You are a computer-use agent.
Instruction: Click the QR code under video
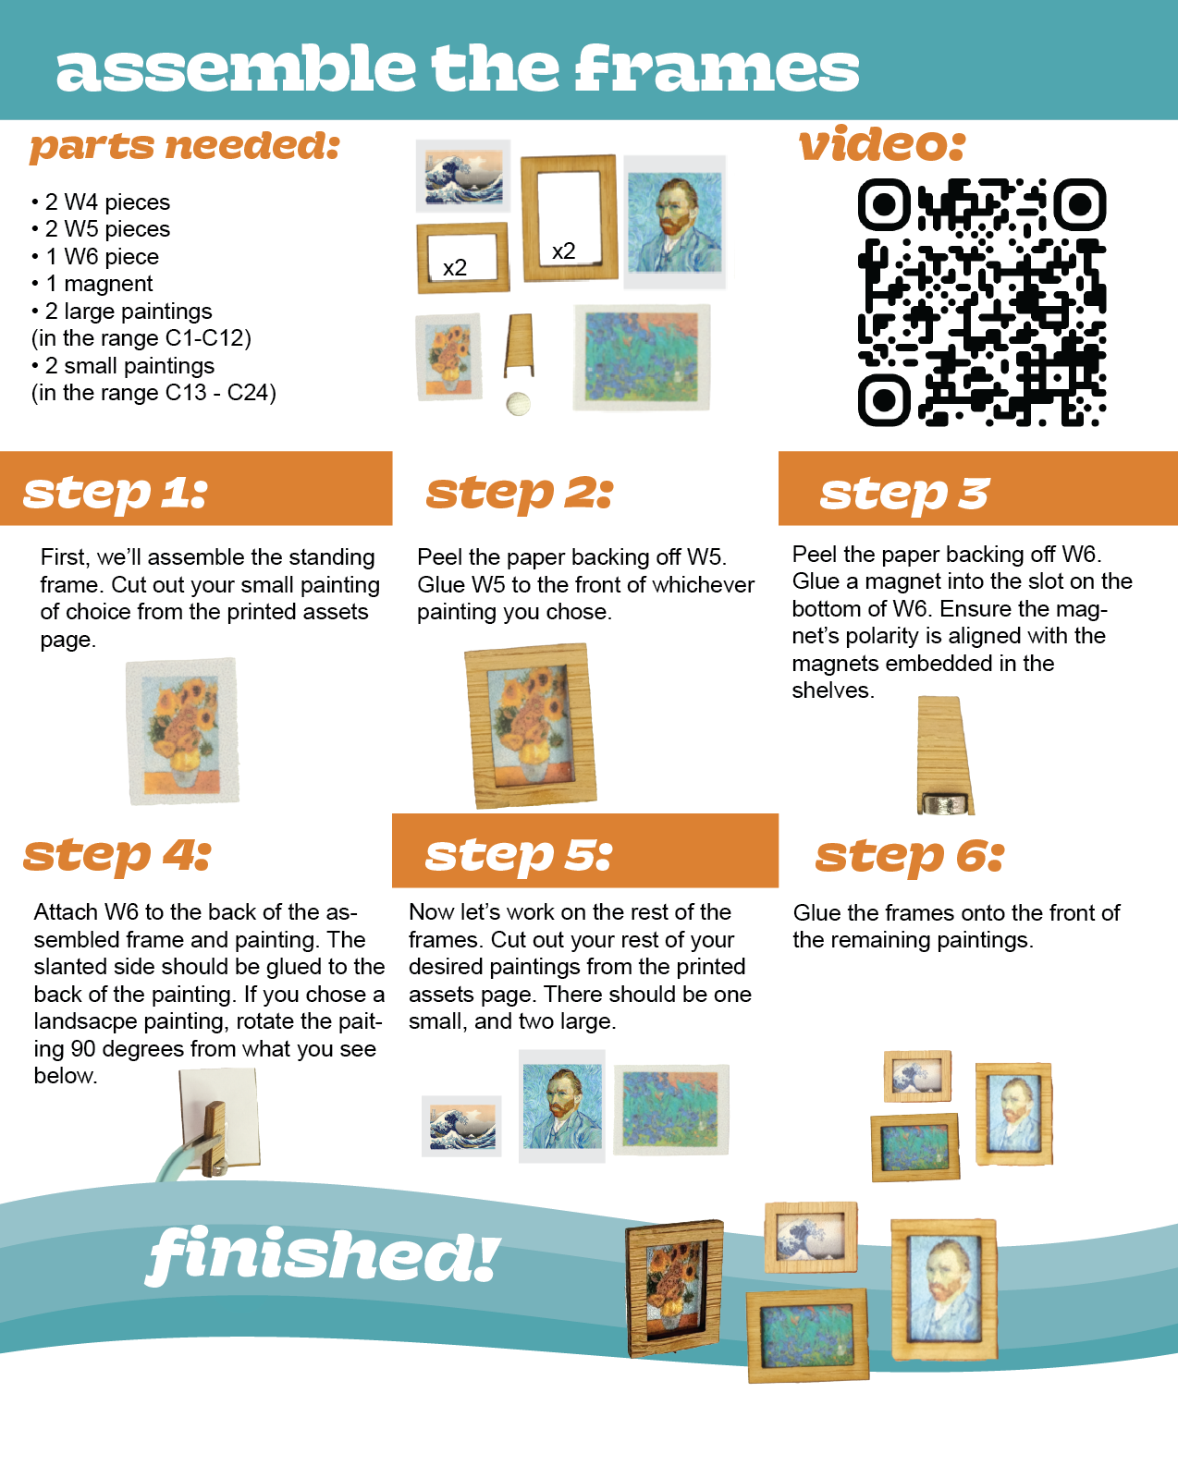(982, 302)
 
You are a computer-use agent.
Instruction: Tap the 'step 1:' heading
(116, 493)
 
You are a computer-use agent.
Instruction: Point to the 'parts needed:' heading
(185, 146)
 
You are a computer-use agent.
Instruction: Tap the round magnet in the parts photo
(518, 403)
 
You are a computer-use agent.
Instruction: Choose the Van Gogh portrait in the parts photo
(674, 222)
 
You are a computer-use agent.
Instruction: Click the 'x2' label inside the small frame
(455, 268)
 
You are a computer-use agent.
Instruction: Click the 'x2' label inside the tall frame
(564, 250)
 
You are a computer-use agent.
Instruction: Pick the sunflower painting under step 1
(183, 731)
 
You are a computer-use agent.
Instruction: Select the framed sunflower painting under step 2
(531, 727)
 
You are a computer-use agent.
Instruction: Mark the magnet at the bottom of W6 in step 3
(944, 804)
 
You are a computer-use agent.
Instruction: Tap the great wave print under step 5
(461, 1126)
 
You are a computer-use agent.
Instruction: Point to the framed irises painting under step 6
(915, 1147)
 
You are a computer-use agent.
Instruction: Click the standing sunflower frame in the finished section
(674, 1289)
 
